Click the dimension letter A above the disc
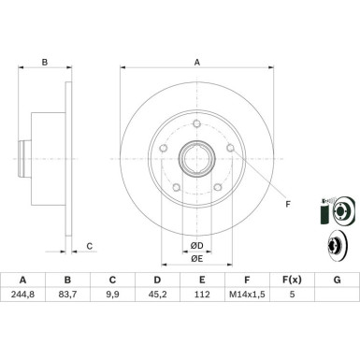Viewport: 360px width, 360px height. (x=197, y=64)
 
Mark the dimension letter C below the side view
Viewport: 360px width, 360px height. (x=90, y=246)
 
